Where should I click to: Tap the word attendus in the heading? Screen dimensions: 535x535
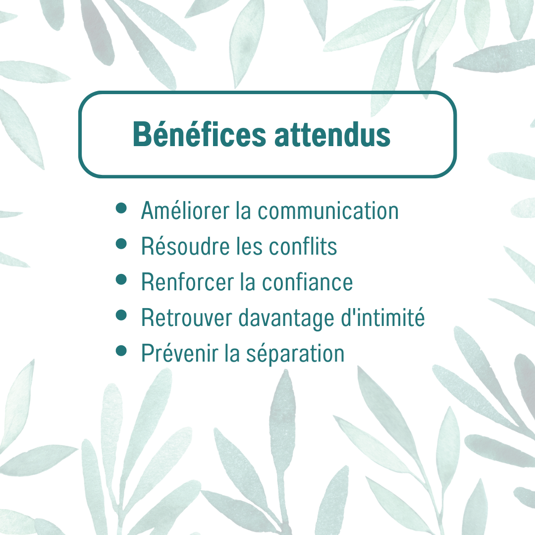(332, 134)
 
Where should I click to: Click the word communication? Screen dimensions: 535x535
(328, 211)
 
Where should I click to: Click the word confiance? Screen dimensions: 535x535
(307, 282)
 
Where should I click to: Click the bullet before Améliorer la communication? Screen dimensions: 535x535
(121, 208)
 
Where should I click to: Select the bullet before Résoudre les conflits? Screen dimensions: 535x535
(121, 244)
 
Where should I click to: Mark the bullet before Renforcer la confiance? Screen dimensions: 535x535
(121, 279)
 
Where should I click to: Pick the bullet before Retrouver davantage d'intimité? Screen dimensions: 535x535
(121, 315)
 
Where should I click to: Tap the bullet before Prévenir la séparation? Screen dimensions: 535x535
(121, 351)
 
